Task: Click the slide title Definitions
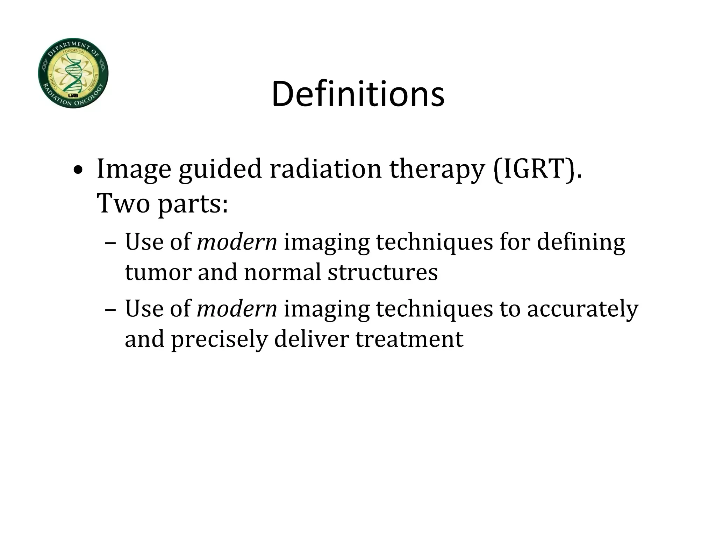tap(358, 94)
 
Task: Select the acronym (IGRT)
tap(538, 169)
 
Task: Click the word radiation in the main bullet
tap(325, 169)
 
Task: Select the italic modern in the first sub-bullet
tap(237, 242)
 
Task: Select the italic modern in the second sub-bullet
tap(237, 309)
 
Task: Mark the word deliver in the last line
tap(312, 339)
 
